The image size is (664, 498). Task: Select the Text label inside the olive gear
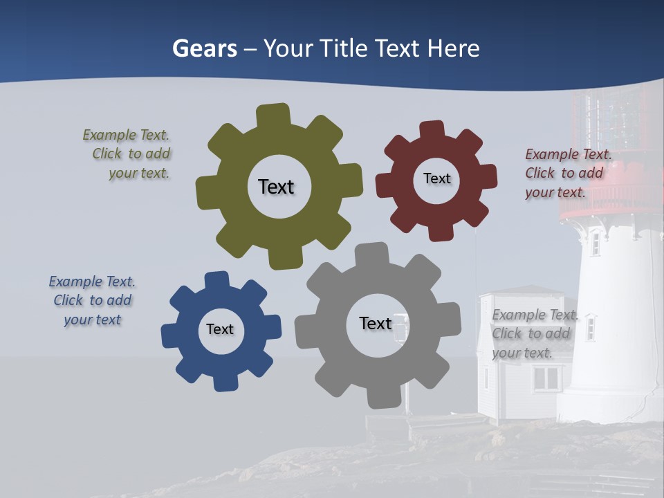pos(276,187)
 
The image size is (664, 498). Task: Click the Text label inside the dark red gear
pos(436,178)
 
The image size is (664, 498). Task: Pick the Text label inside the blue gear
pos(220,329)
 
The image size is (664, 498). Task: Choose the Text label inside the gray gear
pos(376,323)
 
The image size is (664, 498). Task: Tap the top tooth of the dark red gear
pos(432,130)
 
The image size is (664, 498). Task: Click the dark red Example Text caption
pos(567,173)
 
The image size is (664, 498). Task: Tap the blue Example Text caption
pos(92,300)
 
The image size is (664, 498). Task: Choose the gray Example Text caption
pos(534,333)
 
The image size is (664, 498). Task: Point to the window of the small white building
pos(546,378)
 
